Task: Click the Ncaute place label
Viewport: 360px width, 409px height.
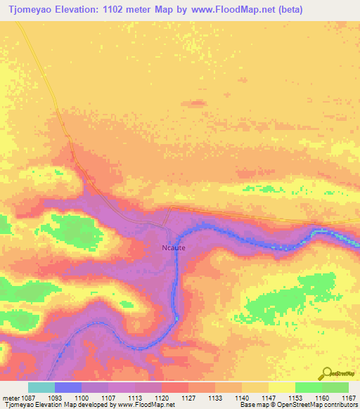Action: pyautogui.click(x=173, y=247)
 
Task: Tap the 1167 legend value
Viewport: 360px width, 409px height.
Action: pyautogui.click(x=349, y=398)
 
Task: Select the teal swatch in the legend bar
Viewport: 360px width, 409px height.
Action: pyautogui.click(x=41, y=387)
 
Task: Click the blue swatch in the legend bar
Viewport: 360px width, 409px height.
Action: pyautogui.click(x=68, y=387)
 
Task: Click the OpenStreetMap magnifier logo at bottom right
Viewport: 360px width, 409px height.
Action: pyautogui.click(x=326, y=373)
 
